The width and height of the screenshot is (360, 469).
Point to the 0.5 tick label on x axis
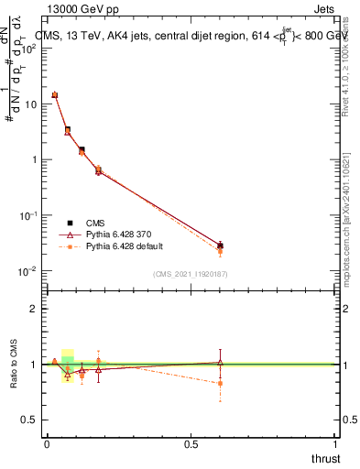[x=191, y=444]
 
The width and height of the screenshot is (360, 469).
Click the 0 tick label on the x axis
[x=47, y=444]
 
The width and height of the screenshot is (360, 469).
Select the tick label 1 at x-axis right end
[x=336, y=444]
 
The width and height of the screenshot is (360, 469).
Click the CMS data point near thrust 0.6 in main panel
[x=220, y=245]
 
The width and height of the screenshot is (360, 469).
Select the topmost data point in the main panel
[x=55, y=94]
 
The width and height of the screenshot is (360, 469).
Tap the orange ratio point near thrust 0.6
[x=220, y=383]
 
